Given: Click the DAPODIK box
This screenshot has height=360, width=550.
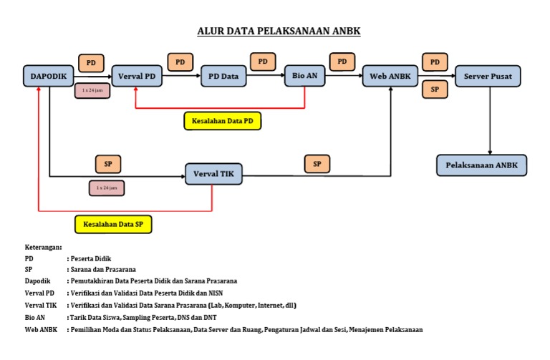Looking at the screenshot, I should click(49, 75).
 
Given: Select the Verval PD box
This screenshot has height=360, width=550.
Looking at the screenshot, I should click(136, 75).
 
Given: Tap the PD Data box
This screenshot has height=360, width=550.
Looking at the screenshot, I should click(223, 75).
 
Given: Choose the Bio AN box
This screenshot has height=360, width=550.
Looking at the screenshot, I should click(306, 75).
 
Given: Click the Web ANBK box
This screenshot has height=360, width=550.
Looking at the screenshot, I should click(391, 75).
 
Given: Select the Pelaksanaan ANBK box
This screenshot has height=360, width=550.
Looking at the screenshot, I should click(482, 165).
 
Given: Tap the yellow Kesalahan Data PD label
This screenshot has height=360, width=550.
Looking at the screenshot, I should click(223, 121).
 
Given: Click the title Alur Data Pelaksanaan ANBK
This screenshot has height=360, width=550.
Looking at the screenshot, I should click(279, 31).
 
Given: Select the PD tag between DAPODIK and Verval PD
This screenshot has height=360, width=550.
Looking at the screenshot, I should click(91, 63).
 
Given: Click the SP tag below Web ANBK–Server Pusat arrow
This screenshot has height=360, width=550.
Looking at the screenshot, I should click(435, 89).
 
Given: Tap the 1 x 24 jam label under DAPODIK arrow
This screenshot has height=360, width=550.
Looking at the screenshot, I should click(92, 91).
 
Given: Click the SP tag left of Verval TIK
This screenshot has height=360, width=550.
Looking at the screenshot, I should click(108, 164).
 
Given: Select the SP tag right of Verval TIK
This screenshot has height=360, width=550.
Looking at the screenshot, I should click(317, 164).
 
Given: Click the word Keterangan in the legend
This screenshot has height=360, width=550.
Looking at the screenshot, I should click(44, 246).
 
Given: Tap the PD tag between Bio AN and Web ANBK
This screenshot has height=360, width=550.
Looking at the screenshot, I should click(342, 62).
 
